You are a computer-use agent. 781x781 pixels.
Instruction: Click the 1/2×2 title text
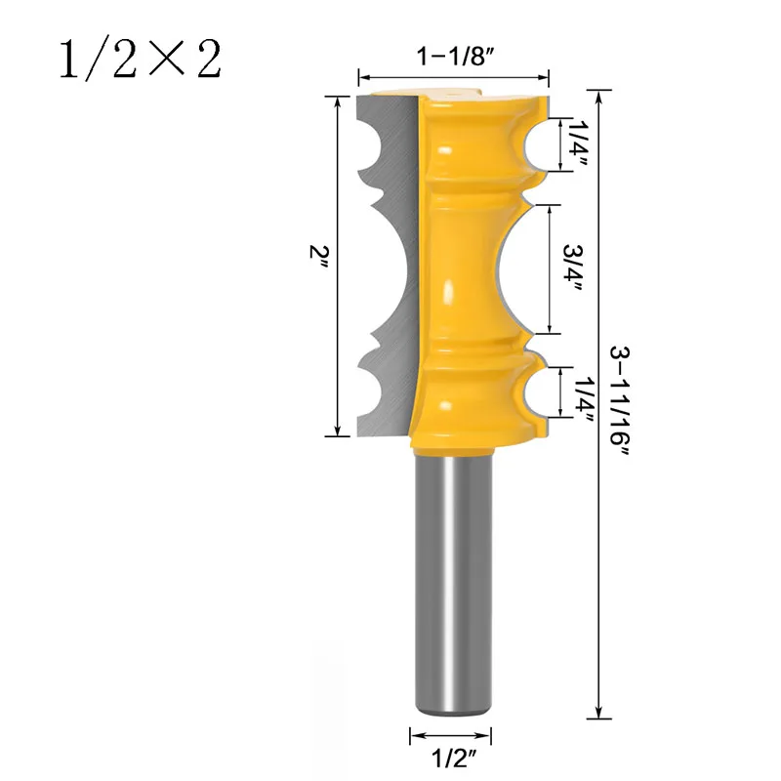pos(141,60)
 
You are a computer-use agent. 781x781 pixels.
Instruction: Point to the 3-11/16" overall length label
pos(621,402)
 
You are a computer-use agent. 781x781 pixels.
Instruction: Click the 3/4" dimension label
pos(573,267)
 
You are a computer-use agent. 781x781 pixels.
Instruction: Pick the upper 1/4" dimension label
pos(579,144)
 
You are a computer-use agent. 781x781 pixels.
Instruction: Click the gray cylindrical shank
pos(453,583)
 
